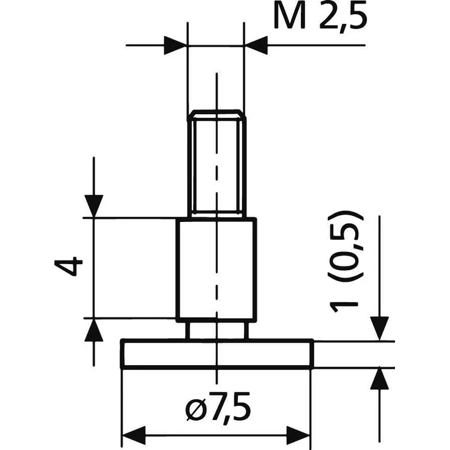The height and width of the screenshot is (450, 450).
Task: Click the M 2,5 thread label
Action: click(321, 18)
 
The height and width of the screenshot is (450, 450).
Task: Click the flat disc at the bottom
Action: click(217, 354)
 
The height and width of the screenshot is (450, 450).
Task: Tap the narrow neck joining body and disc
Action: click(217, 330)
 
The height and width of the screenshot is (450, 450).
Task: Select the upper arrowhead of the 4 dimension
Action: click(94, 205)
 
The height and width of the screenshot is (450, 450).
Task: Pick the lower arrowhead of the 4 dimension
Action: click(94, 330)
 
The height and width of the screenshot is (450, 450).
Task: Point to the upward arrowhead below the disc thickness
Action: click(380, 379)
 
